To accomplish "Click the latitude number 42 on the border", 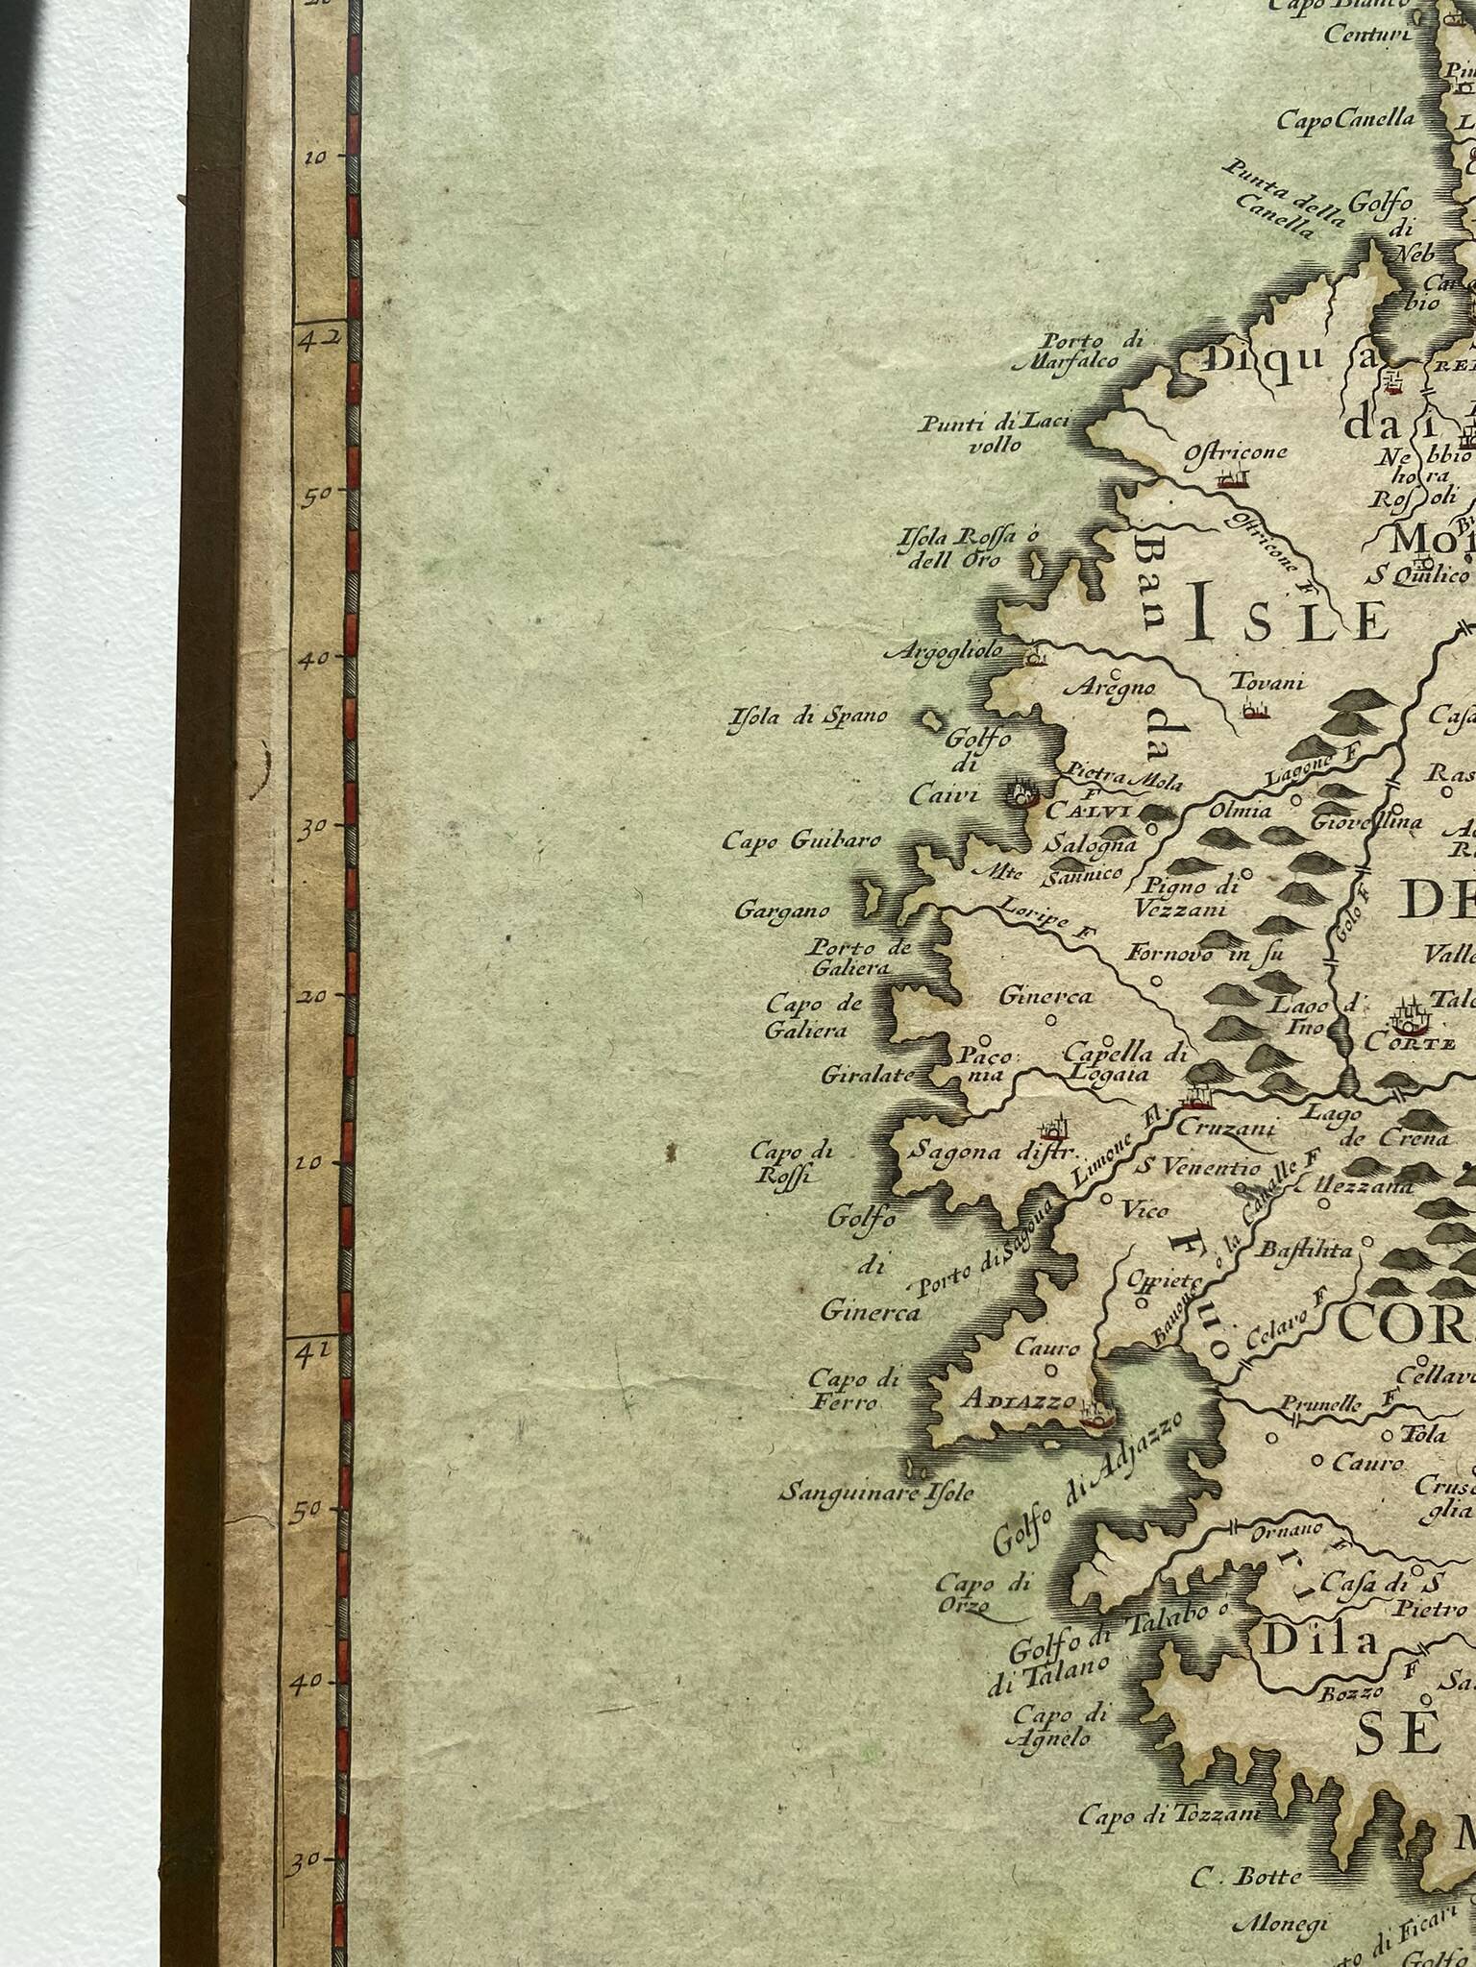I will tap(309, 339).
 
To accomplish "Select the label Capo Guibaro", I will tap(801, 841).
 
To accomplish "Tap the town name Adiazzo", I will tap(1018, 1401).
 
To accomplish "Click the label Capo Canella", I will tap(1345, 120).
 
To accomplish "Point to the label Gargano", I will tap(782, 909).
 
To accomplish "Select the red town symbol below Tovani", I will tap(1251, 711).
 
